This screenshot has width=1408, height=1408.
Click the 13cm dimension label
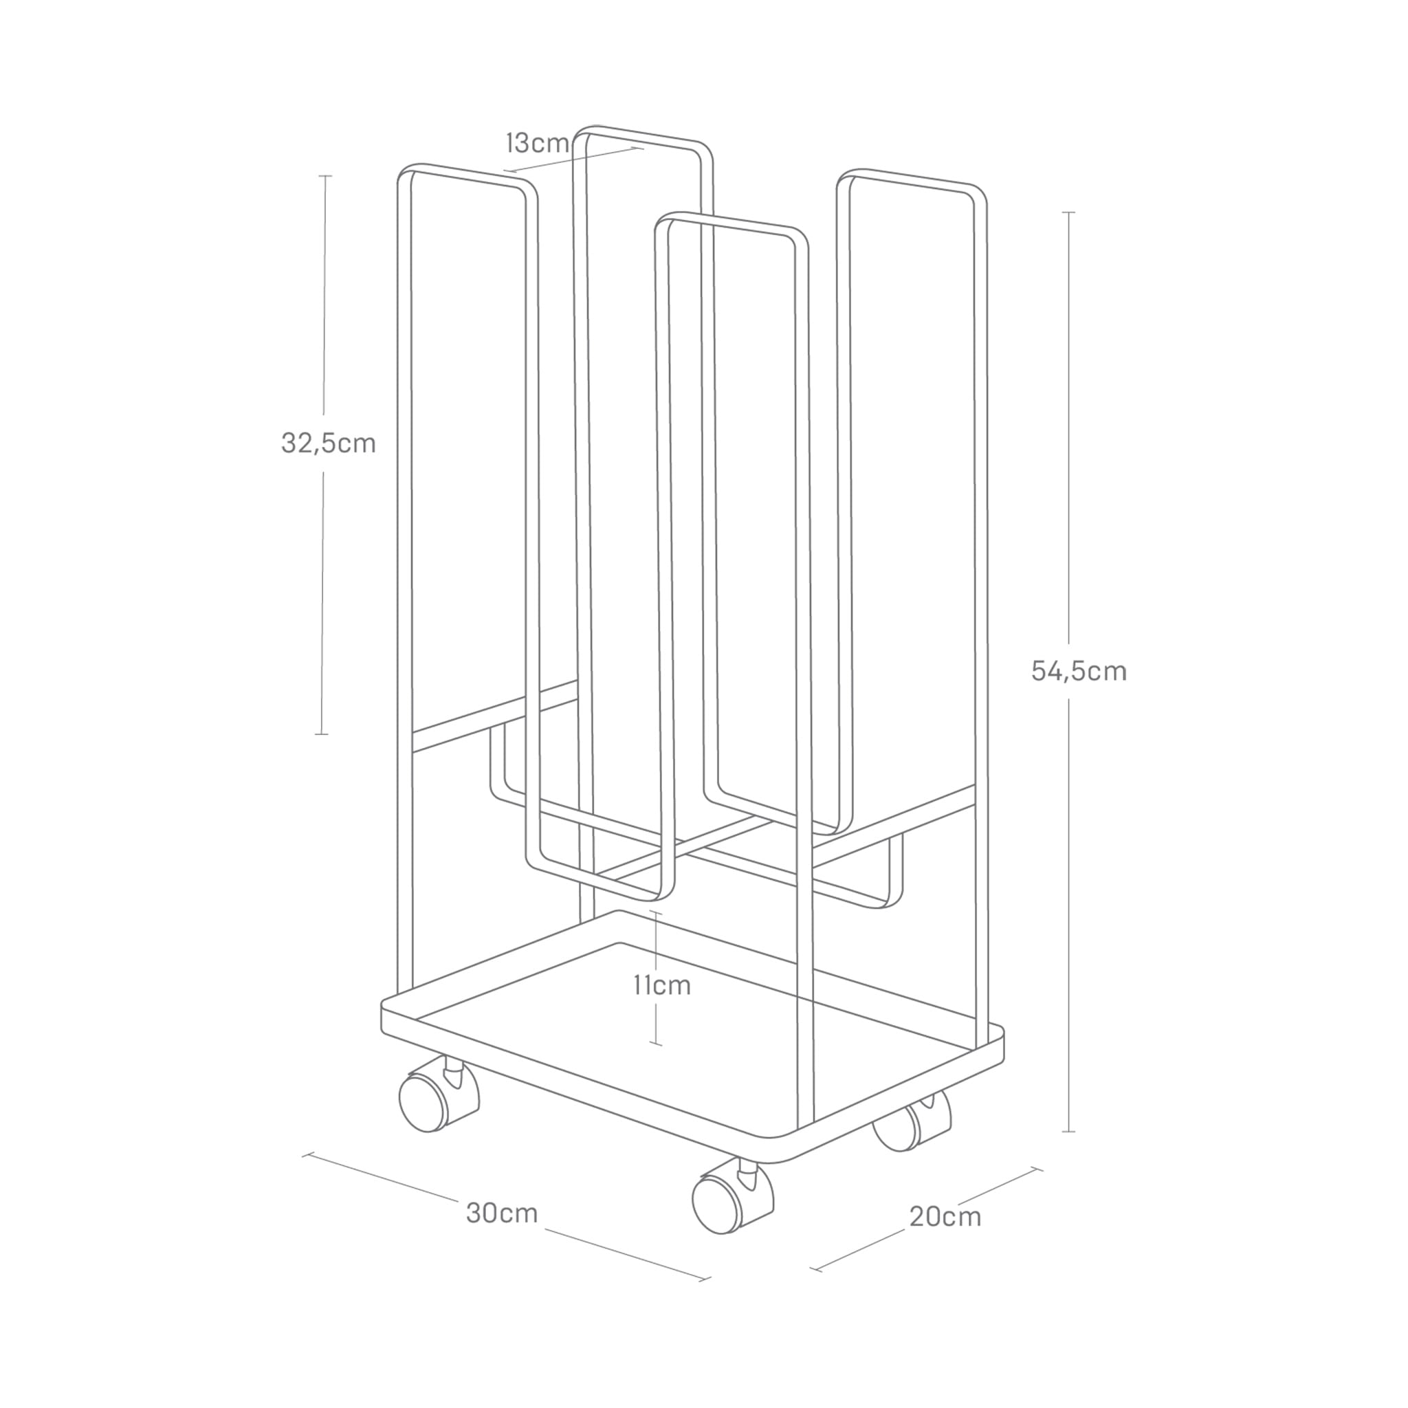pyautogui.click(x=538, y=144)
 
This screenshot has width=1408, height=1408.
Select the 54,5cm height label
pyautogui.click(x=1079, y=670)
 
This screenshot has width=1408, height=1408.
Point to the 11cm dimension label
pyautogui.click(x=661, y=985)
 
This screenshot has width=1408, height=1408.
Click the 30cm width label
pyautogui.click(x=502, y=1213)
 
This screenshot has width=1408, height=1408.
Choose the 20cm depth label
pyautogui.click(x=945, y=1217)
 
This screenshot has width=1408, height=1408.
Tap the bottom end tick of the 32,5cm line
pyautogui.click(x=321, y=734)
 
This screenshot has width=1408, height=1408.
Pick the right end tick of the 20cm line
pyautogui.click(x=1036, y=1169)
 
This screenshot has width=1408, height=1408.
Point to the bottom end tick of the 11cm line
pyautogui.click(x=656, y=1044)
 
